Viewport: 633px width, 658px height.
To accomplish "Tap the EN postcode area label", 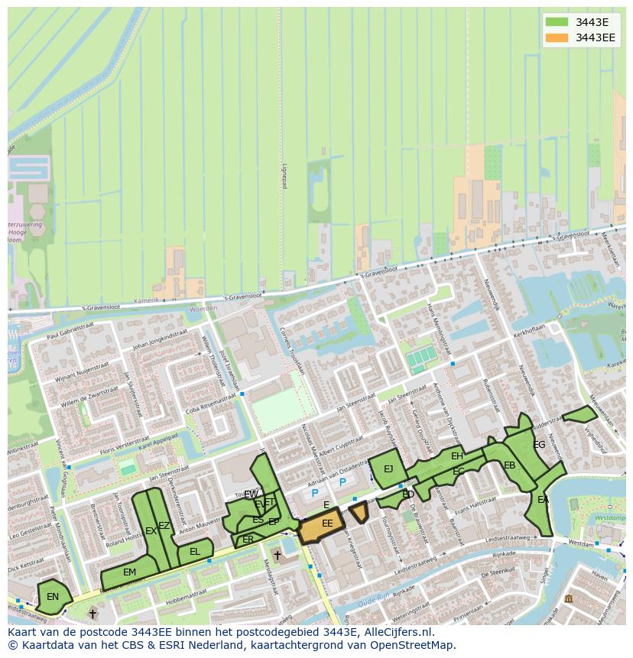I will tap(53, 597).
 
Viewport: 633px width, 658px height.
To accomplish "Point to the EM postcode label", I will tap(129, 572).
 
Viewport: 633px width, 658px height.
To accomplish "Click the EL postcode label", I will tap(195, 552).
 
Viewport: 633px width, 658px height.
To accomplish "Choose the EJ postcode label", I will tap(388, 469).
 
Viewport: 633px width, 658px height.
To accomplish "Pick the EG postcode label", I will tap(539, 445).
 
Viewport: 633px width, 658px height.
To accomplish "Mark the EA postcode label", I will tap(543, 500).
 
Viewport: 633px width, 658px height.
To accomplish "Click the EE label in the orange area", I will tap(327, 523).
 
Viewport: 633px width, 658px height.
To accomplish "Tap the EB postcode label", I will tap(509, 465).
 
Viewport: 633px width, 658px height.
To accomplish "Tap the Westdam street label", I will tap(583, 544).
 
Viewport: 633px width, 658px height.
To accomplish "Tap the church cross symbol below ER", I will tap(277, 556).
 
